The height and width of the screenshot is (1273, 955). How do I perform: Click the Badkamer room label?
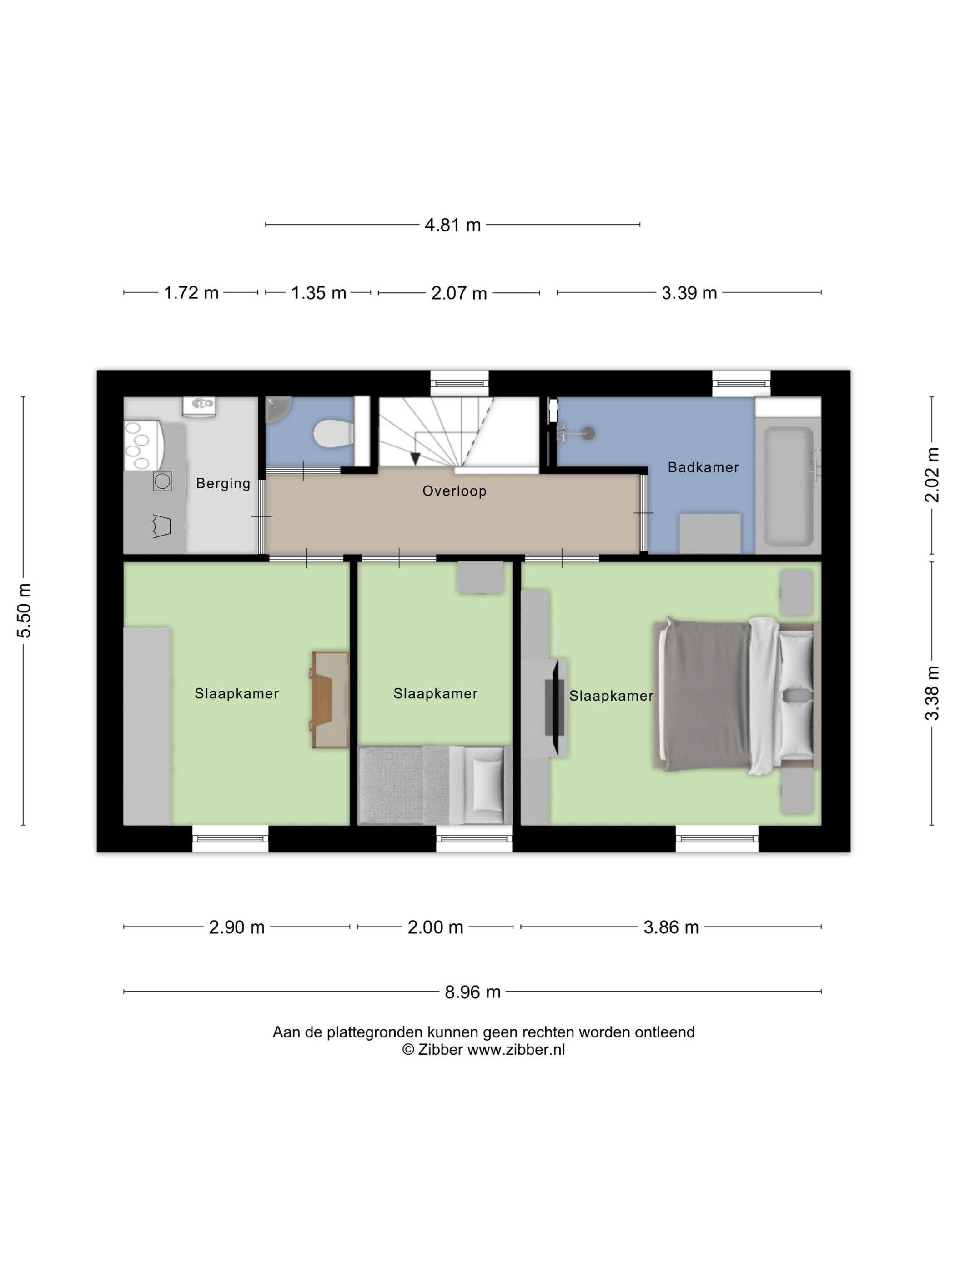703,467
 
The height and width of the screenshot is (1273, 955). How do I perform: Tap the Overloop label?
454,491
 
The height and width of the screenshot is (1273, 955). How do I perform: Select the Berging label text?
223,483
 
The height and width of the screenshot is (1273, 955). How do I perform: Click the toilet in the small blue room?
333,434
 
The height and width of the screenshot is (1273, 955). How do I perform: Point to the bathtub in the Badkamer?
789,486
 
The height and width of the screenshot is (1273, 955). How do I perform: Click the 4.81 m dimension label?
452,225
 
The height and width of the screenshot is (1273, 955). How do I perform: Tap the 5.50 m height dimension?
24,610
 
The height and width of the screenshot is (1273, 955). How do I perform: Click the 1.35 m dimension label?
318,293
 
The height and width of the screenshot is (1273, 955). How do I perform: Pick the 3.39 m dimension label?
689,293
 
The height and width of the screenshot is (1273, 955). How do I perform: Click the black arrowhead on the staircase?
414,459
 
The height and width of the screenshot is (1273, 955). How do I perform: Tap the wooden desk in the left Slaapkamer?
331,700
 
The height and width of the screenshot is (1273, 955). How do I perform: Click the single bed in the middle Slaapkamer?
435,785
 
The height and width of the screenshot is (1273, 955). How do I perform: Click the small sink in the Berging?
199,405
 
